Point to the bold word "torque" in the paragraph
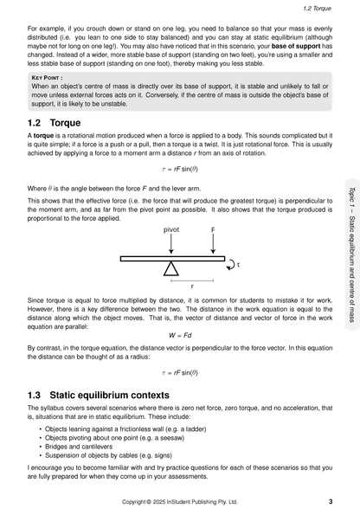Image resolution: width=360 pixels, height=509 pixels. pos(45,138)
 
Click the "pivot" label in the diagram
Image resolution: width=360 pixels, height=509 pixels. pos(170,229)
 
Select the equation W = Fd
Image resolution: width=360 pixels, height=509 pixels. pos(180,336)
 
